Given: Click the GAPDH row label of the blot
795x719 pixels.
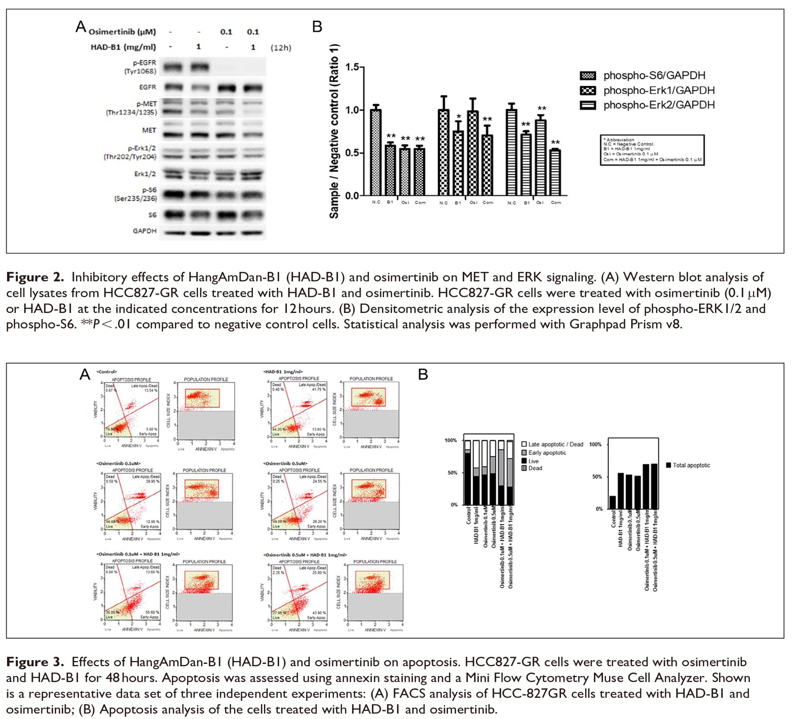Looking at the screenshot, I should [144, 231].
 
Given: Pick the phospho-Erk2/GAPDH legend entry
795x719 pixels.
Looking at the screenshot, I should [659, 105].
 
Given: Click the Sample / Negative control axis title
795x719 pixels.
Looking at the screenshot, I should [334, 131].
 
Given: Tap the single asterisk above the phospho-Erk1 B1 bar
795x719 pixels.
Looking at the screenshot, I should [458, 117].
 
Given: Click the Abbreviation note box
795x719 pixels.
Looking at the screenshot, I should [652, 150].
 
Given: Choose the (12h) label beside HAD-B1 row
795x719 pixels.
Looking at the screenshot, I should [281, 48].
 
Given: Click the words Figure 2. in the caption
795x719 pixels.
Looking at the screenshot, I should [35, 277].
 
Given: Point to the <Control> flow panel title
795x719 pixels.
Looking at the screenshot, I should [106, 372].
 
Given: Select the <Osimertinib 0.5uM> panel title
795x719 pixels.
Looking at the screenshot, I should [285, 463].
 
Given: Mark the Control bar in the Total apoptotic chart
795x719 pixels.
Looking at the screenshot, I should [613, 502].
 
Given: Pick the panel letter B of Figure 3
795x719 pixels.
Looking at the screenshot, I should [423, 374].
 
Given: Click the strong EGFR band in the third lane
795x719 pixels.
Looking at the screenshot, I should [226, 88].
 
